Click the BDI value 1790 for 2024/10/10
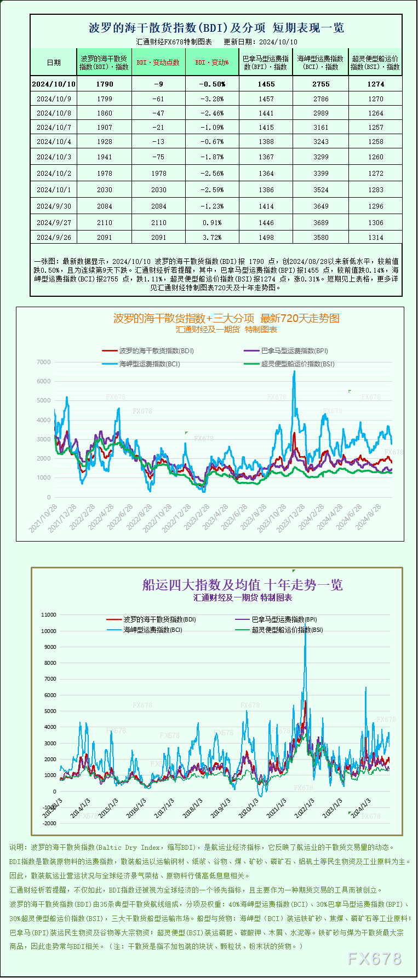[x=104, y=84]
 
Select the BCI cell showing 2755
[x=321, y=84]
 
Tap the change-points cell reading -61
[x=158, y=99]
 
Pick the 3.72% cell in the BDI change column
[x=212, y=238]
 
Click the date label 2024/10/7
[x=54, y=128]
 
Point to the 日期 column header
[x=54, y=62]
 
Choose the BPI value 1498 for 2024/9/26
[x=266, y=238]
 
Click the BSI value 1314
[x=376, y=238]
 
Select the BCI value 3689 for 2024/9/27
[x=321, y=223]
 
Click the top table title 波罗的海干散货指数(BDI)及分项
[x=177, y=28]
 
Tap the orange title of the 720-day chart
[x=226, y=318]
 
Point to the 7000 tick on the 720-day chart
[x=43, y=363]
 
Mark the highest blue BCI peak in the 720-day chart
[x=294, y=372]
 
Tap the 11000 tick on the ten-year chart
[x=49, y=615]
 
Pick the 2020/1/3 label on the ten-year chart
[x=248, y=808]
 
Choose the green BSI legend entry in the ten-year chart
[x=287, y=630]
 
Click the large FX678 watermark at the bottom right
[x=375, y=958]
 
